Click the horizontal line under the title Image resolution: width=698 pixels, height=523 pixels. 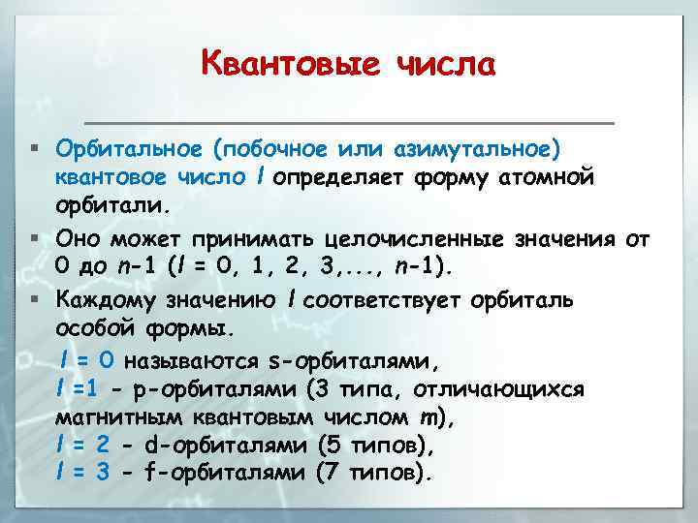pos(350,123)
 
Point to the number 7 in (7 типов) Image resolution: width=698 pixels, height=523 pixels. pos(333,475)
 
